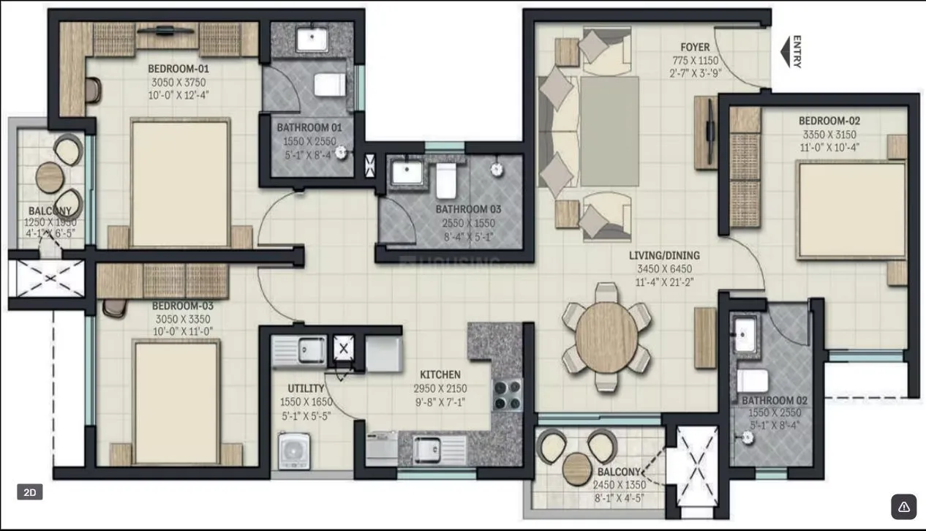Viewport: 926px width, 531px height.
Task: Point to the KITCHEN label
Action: [x=440, y=374]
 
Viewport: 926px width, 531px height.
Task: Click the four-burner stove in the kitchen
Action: [x=508, y=396]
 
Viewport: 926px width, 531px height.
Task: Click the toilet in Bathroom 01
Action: [x=329, y=85]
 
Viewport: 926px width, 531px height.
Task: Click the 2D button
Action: [x=30, y=493]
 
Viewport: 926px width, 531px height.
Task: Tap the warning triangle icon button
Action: [x=903, y=506]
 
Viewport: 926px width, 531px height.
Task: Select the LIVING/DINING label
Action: [x=664, y=255]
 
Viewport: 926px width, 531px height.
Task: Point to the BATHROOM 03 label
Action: [x=464, y=208]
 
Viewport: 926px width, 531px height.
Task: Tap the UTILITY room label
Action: [x=306, y=388]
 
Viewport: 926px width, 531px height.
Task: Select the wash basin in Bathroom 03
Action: [x=405, y=173]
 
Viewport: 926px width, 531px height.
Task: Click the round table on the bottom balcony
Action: [x=577, y=464]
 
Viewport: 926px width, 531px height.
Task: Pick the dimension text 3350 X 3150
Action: [x=828, y=134]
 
